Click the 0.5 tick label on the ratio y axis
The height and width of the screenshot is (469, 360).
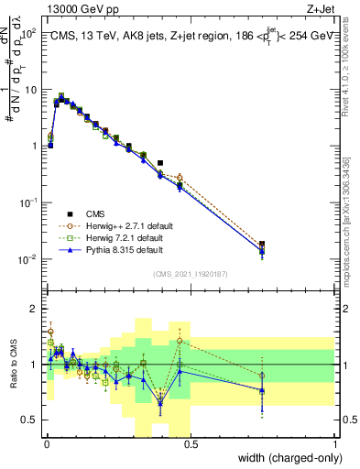click(x=30, y=420)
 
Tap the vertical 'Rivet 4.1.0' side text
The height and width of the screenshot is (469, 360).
click(x=348, y=69)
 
